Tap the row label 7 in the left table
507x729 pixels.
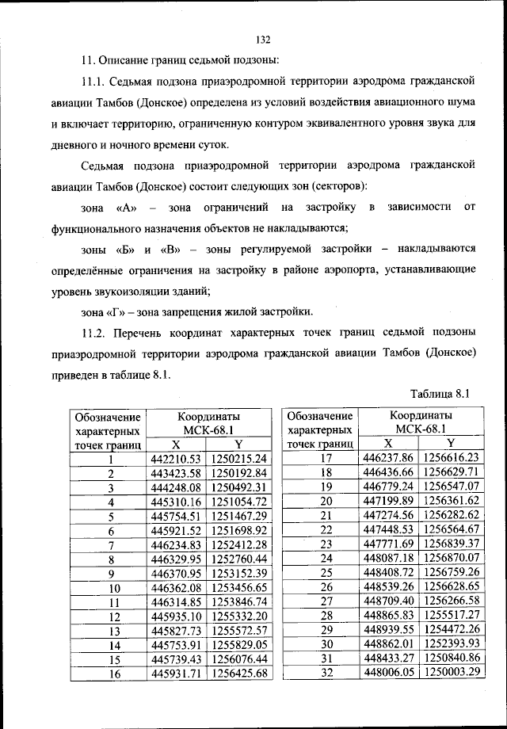tap(112, 545)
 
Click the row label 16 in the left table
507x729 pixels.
tap(112, 674)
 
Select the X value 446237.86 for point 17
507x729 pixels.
tap(388, 458)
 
